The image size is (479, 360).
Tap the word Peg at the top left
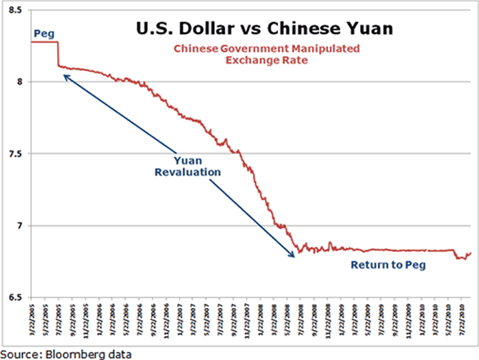point(41,33)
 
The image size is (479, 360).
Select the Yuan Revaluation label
point(188,166)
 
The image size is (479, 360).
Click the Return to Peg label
point(388,265)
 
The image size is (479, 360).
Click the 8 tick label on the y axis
point(21,82)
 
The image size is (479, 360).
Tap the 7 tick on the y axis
point(21,226)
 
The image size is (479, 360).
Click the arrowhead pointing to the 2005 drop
point(65,77)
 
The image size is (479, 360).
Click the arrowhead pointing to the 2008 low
point(293,254)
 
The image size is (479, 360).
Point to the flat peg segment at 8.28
point(44,42)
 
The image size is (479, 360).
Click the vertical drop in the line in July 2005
point(58,55)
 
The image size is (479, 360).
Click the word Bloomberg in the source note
point(75,353)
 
